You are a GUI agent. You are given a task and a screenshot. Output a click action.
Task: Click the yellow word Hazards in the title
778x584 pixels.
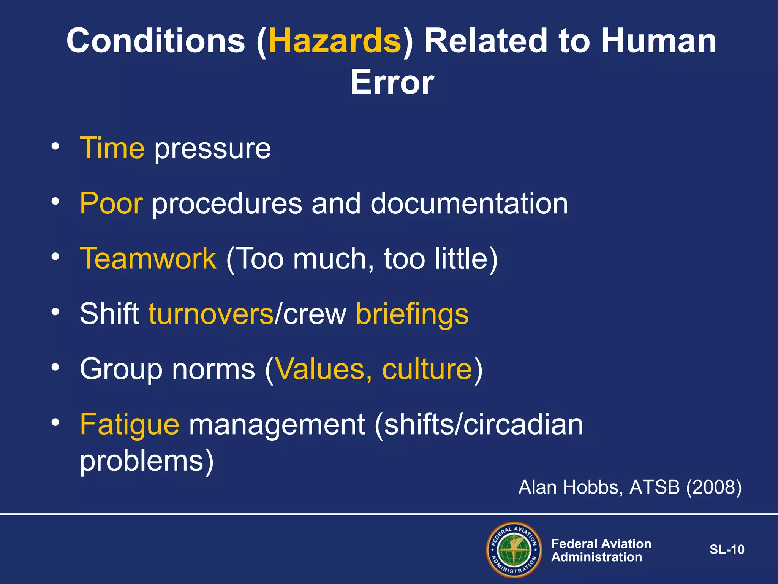(x=335, y=41)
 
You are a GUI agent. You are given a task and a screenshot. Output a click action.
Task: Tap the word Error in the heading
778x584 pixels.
(x=392, y=83)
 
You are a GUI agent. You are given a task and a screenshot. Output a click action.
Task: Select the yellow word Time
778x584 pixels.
(x=112, y=148)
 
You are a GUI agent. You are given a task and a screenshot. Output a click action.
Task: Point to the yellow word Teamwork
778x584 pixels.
(x=148, y=259)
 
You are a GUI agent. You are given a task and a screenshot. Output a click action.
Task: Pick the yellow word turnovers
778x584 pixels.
(x=211, y=314)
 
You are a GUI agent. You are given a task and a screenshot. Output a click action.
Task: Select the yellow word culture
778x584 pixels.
(x=427, y=369)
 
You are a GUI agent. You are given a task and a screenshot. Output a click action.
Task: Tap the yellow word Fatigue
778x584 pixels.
(x=130, y=425)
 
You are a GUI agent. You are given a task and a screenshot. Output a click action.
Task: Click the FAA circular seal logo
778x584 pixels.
(x=514, y=549)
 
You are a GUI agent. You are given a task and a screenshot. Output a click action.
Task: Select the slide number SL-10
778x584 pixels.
(x=727, y=549)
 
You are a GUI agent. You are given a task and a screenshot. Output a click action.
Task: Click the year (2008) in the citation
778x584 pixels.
(x=713, y=487)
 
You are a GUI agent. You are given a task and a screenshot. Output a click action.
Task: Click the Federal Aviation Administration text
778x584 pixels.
(x=601, y=550)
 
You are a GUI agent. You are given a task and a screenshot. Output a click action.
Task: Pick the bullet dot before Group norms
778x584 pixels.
(x=55, y=367)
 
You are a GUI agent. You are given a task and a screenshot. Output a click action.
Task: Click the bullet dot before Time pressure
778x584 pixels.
(x=55, y=146)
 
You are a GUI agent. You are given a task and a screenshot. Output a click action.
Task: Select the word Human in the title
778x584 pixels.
(x=658, y=41)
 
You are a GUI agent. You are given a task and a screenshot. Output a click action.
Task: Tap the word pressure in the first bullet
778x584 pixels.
(x=212, y=149)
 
